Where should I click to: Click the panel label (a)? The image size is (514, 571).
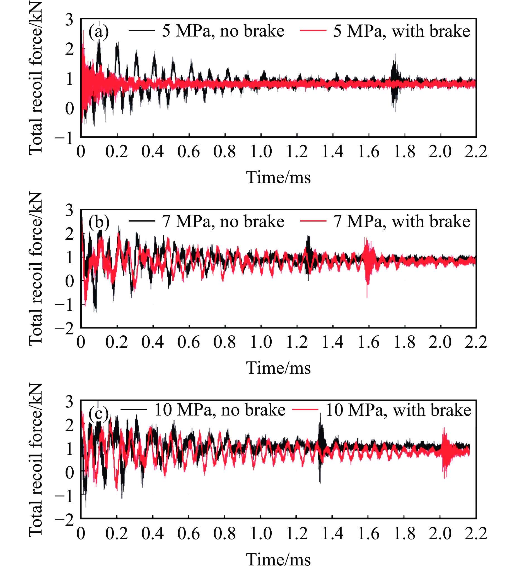coord(98,32)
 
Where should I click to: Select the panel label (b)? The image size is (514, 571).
coord(98,222)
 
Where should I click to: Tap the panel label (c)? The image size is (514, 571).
coord(98,414)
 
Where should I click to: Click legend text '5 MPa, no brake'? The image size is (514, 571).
coord(223,31)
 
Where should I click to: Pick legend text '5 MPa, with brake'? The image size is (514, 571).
coord(401,31)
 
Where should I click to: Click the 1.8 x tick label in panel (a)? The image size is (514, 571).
coord(404,152)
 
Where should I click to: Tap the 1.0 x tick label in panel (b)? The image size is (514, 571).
coord(261,342)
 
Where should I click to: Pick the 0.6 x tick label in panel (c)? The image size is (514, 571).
coord(188,534)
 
